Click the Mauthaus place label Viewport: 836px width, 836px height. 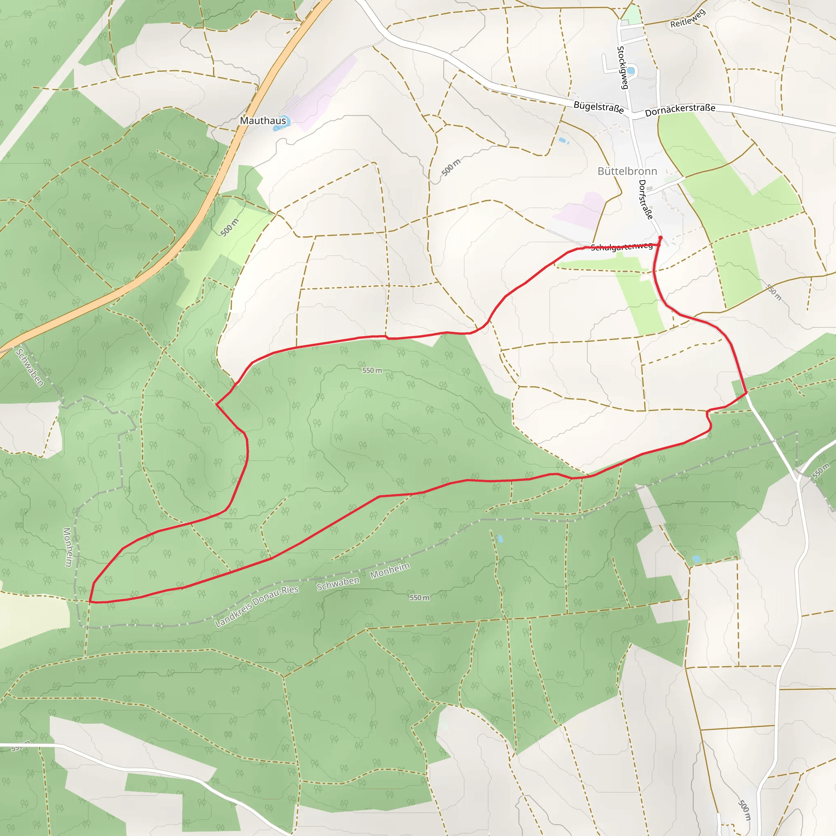[x=263, y=120]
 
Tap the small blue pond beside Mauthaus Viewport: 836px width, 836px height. [x=285, y=122]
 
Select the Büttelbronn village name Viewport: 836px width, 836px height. [x=627, y=171]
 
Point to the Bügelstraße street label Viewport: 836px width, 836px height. [x=598, y=107]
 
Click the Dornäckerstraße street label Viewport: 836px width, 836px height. [x=680, y=110]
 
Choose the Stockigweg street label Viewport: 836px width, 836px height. [x=622, y=67]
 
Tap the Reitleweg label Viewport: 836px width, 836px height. [x=687, y=19]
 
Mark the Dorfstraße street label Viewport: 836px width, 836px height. [x=646, y=200]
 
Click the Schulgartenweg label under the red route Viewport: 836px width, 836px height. [x=621, y=247]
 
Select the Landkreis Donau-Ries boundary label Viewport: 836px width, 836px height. [x=257, y=606]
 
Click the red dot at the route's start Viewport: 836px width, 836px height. [x=660, y=238]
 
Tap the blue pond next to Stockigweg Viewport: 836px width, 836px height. [x=631, y=71]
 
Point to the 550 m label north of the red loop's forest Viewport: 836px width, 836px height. [x=372, y=370]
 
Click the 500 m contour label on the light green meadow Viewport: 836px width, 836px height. [x=229, y=228]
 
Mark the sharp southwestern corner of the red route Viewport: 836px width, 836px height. [x=90, y=601]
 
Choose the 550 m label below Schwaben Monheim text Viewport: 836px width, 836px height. [x=419, y=598]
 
